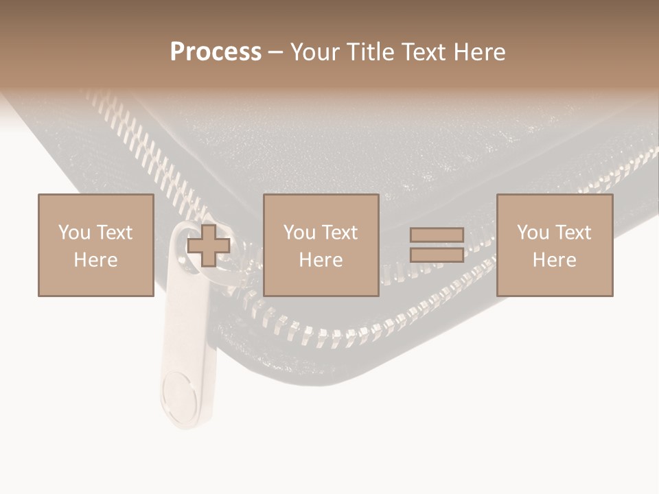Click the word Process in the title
click(216, 52)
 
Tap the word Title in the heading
click(371, 52)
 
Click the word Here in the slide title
click(478, 52)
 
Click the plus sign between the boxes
click(209, 246)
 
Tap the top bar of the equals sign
click(437, 235)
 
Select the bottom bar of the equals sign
click(437, 255)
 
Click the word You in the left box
click(74, 233)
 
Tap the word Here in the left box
click(95, 260)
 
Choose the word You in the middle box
click(299, 233)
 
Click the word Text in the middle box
click(339, 233)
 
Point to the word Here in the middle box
click(321, 260)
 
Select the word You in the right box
click(533, 233)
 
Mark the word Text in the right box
click(573, 233)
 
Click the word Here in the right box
click(555, 260)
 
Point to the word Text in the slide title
click(421, 52)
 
